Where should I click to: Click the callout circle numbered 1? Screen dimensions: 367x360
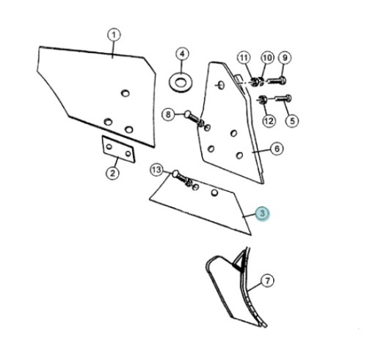[x=114, y=35]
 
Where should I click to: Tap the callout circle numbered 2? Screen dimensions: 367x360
[x=112, y=173]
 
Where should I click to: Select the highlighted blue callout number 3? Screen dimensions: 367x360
[x=262, y=214]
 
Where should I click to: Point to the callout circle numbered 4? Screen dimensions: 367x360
[x=182, y=54]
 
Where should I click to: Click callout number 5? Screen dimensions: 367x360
[x=292, y=120]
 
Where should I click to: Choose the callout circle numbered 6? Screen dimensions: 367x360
[x=277, y=148]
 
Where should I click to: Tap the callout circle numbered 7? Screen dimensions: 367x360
[x=267, y=281]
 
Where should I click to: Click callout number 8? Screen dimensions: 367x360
[x=168, y=115]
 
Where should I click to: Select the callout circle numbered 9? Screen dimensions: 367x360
[x=285, y=58]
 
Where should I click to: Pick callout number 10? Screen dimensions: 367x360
[x=267, y=58]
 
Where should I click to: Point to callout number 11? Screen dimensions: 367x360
[x=244, y=58]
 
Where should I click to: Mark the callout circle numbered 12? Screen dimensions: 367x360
[x=269, y=120]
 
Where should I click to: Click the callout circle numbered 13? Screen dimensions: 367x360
[x=156, y=170]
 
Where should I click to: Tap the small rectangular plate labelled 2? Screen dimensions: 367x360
[x=118, y=149]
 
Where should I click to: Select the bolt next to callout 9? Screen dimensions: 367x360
[x=277, y=80]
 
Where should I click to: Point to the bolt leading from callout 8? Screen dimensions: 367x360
[x=194, y=118]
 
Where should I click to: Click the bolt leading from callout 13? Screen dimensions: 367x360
[x=182, y=178]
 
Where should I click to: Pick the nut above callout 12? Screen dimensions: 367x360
[x=262, y=99]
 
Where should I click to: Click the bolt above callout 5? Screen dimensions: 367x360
[x=283, y=98]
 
